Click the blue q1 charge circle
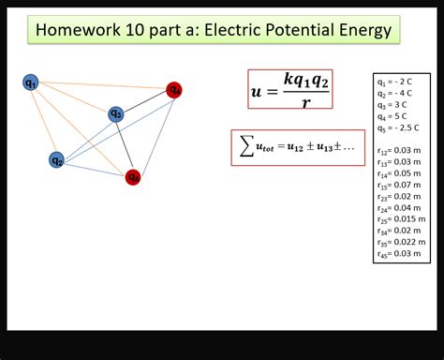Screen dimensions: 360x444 pos(31,82)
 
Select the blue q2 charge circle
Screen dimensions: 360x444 pos(57,159)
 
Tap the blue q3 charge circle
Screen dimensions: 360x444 pos(115,114)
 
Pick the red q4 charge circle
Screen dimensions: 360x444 pos(174,90)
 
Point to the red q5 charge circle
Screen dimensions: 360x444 pos(134,176)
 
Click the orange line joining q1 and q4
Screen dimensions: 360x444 pos(103,86)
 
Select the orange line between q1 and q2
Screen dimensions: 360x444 pos(44,121)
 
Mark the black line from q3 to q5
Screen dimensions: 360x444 pos(125,145)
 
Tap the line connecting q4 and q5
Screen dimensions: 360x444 pos(155,132)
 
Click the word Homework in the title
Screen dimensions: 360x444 pos(78,31)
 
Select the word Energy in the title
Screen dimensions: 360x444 pos(361,31)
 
